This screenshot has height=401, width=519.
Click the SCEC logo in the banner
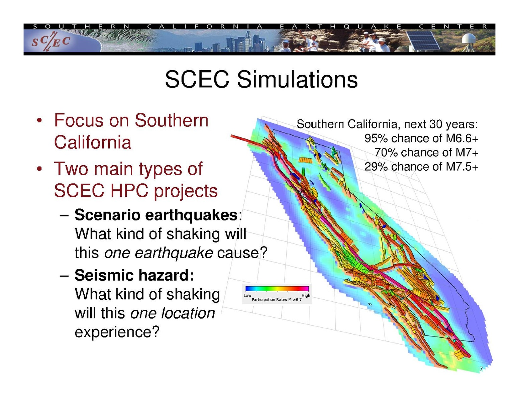tap(51, 42)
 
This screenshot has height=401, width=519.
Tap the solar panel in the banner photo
tap(423, 40)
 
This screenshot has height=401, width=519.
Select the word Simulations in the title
tap(297, 79)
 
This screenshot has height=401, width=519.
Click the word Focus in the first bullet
tap(79, 120)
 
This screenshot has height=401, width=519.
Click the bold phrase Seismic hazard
tap(134, 275)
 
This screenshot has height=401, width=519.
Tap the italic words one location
tap(173, 313)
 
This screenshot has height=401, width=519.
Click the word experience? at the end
tap(117, 332)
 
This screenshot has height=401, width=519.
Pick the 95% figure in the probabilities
tap(376, 138)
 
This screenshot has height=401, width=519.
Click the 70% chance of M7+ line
tap(426, 153)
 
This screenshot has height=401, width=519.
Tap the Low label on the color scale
tap(247, 295)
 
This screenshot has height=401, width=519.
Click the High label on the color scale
tap(306, 295)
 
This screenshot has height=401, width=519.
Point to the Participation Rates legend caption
tap(277, 300)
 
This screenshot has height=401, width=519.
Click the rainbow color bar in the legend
tap(277, 288)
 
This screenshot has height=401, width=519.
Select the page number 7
tap(481, 369)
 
